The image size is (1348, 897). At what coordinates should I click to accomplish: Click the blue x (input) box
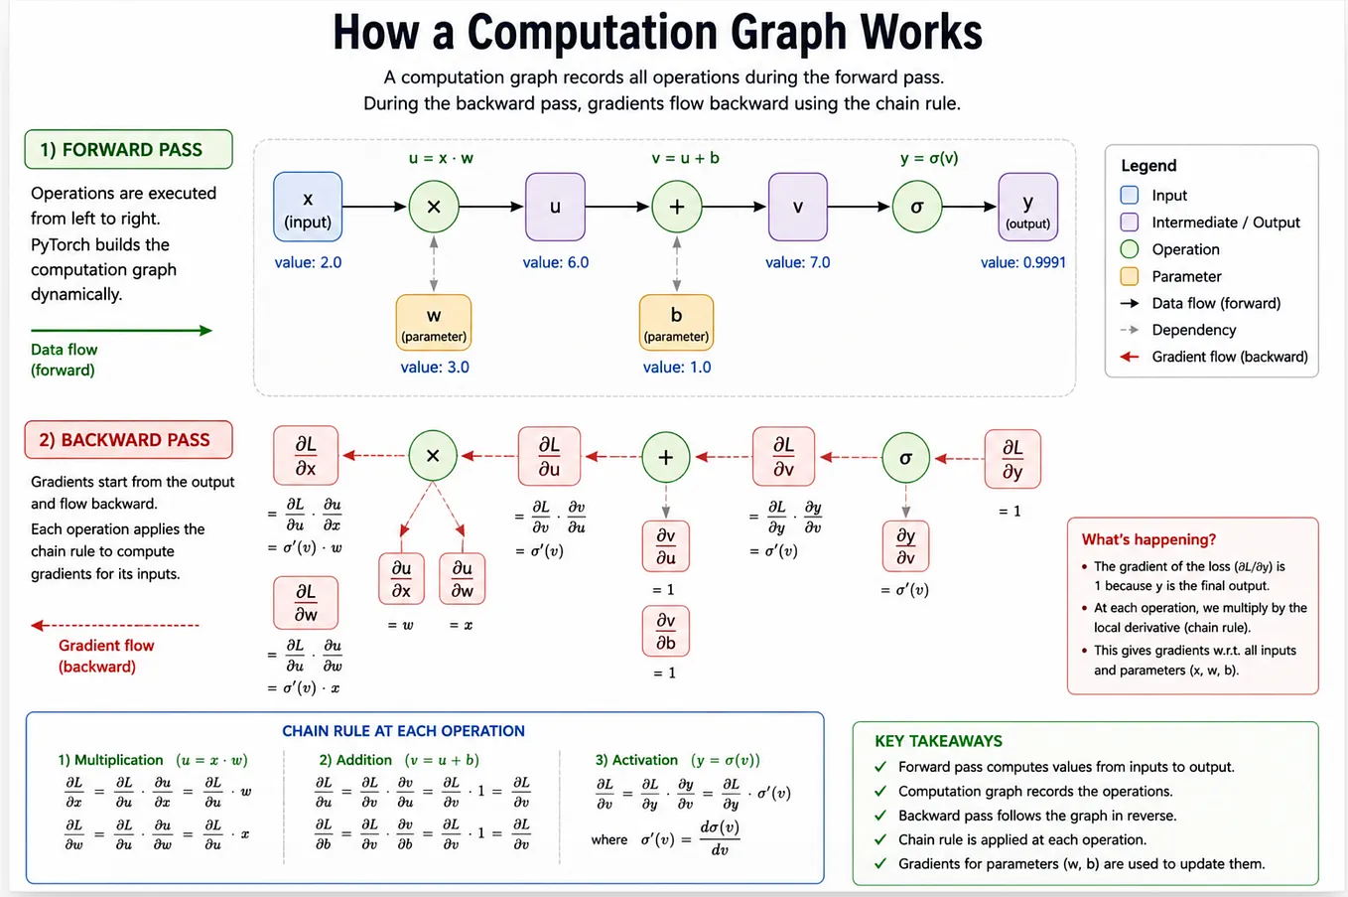tap(308, 207)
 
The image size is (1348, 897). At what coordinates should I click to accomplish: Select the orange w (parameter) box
tap(433, 322)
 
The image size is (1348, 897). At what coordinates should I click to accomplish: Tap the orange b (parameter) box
tap(676, 322)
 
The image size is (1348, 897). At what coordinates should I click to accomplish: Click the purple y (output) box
tap(1027, 207)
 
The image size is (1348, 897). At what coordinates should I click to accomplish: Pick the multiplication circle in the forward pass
tap(433, 207)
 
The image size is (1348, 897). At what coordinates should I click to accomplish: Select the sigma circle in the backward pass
tap(905, 458)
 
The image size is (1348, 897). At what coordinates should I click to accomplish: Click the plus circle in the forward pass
tap(676, 207)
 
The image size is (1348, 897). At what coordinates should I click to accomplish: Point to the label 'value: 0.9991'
tap(1023, 262)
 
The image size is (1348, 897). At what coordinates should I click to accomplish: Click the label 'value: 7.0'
tap(797, 262)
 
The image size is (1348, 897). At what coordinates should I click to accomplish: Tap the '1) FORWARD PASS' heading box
tap(128, 149)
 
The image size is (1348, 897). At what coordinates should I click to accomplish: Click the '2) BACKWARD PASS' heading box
tap(128, 440)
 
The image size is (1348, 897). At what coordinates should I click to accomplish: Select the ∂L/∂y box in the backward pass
tap(1012, 459)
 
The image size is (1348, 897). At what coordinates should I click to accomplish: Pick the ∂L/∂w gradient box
tap(306, 602)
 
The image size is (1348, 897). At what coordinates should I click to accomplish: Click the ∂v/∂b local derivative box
tap(666, 632)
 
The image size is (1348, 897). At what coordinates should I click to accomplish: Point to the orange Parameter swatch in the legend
tap(1129, 276)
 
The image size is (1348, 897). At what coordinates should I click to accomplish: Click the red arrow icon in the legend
tap(1130, 357)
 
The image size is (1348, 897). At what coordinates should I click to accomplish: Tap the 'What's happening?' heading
tap(1148, 539)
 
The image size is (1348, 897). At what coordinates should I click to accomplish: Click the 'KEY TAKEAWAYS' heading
tap(938, 741)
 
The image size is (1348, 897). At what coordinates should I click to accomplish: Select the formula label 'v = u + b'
tap(686, 158)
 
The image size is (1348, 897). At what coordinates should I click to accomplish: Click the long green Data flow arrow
tap(121, 330)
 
